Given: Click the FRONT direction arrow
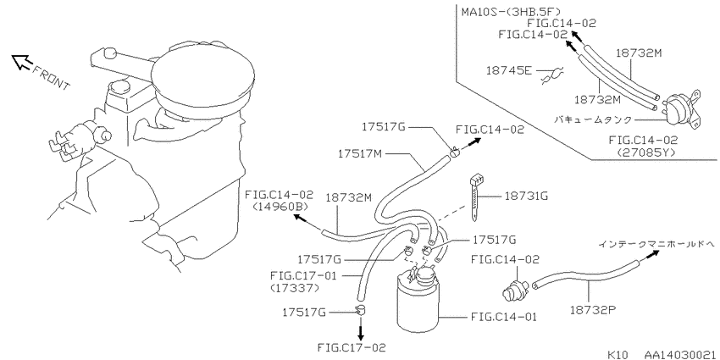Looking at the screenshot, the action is (x=21, y=62).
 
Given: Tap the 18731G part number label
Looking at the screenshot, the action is (x=526, y=197).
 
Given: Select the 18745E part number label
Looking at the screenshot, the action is (x=509, y=70).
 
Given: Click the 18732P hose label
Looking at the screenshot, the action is (x=593, y=309).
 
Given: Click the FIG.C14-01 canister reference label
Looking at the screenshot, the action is (x=504, y=317).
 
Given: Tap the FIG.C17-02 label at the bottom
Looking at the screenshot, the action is (x=351, y=347).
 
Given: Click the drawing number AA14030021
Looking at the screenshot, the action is (x=680, y=354).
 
